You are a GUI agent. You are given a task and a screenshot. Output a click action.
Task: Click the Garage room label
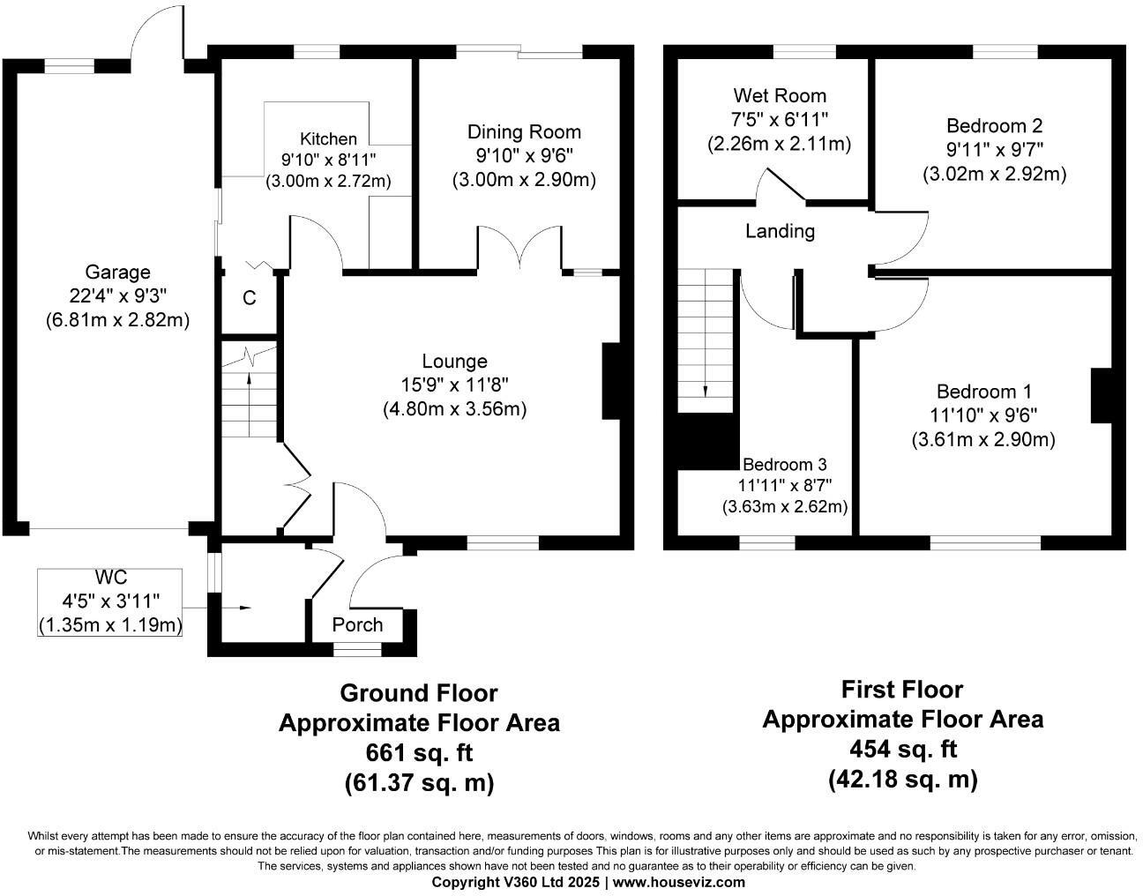pyautogui.click(x=117, y=273)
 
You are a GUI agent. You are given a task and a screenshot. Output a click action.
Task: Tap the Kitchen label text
pyautogui.click(x=329, y=138)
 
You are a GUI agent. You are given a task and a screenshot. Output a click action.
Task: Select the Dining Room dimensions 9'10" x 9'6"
pyautogui.click(x=524, y=156)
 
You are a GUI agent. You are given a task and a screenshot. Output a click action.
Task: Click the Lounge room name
pyautogui.click(x=454, y=362)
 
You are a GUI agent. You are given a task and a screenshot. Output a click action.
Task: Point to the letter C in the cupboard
pyautogui.click(x=250, y=298)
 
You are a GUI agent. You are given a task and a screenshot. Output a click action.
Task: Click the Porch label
pyautogui.click(x=357, y=624)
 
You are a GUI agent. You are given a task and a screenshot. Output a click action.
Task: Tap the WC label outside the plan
pyautogui.click(x=111, y=578)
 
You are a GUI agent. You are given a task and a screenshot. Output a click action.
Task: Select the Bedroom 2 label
pyautogui.click(x=994, y=125)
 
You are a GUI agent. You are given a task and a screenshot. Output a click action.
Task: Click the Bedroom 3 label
pyautogui.click(x=784, y=465)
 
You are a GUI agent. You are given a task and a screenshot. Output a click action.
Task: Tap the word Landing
pyautogui.click(x=780, y=232)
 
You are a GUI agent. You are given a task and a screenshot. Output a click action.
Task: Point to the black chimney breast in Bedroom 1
pyautogui.click(x=1102, y=396)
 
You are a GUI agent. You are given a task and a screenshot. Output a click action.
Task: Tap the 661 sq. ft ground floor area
pyautogui.click(x=419, y=753)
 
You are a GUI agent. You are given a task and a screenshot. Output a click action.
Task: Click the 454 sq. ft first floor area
pyautogui.click(x=902, y=750)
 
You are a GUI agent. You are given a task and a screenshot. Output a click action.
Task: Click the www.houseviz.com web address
pyautogui.click(x=678, y=882)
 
